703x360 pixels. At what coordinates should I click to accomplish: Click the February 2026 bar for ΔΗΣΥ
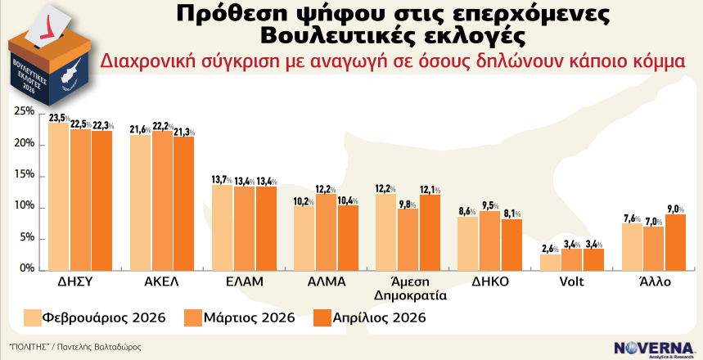(59, 196)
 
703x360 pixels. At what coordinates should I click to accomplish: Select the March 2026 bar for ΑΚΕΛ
(162, 200)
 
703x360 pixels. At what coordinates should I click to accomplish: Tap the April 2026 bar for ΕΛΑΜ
(265, 228)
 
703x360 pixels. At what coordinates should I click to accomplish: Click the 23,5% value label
(59, 118)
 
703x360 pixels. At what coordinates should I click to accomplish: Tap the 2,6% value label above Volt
(550, 249)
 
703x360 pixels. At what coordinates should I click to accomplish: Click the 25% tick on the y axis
(24, 112)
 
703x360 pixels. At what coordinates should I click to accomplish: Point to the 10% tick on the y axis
(24, 207)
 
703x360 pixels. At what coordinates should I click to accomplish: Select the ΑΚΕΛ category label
(161, 281)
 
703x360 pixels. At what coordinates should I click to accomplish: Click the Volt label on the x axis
(570, 281)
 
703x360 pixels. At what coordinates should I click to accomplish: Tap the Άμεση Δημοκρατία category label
(407, 288)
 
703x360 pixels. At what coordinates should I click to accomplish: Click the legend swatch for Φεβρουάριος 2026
(34, 317)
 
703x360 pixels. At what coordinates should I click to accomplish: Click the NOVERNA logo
(652, 347)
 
